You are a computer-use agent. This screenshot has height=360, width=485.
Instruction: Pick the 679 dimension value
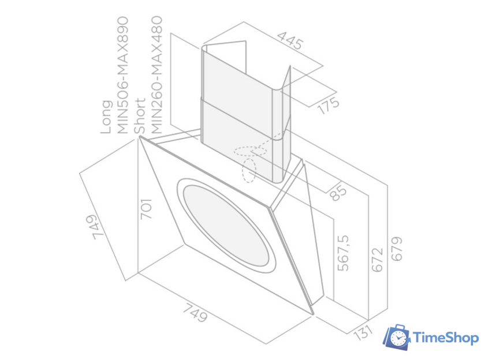click(x=396, y=249)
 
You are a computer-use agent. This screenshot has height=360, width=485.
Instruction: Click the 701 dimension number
click(x=145, y=209)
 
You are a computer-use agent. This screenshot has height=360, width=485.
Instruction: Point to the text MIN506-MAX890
click(x=122, y=75)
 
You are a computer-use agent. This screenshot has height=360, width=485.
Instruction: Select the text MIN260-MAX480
click(x=156, y=75)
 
